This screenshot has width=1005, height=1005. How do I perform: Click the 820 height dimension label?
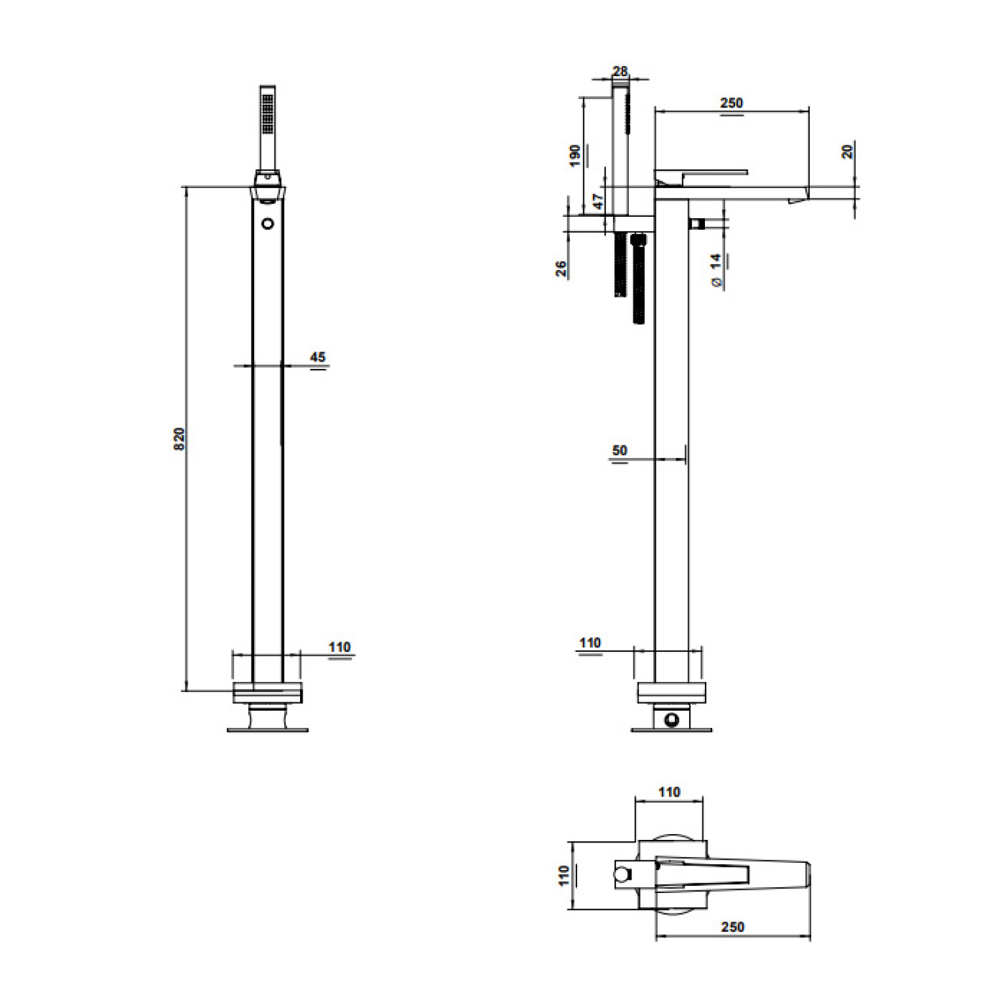179,438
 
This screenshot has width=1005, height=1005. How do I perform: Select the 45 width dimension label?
318,357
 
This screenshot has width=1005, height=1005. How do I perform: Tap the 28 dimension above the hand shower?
620,71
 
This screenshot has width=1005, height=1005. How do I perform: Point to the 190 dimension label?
575,155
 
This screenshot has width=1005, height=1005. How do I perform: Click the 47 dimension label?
597,201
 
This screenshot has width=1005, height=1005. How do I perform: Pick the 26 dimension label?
561,269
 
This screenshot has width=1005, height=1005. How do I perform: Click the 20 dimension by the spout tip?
847,151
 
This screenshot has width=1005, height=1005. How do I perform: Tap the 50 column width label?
619,450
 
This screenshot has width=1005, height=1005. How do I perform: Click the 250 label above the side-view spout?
732,103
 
